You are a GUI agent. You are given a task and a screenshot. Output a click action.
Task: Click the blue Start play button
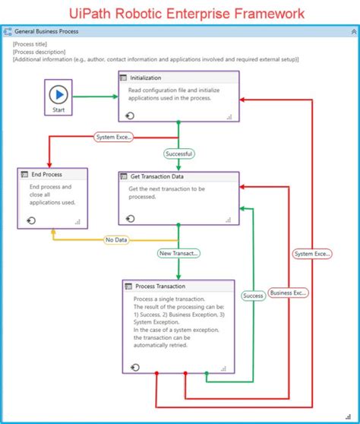tap(58, 95)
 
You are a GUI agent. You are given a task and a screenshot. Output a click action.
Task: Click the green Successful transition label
tap(178, 153)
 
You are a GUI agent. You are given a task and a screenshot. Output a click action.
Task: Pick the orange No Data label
tap(115, 239)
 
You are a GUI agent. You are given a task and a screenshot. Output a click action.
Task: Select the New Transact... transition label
tap(178, 253)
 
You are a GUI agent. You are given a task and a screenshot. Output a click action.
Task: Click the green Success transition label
tap(253, 295)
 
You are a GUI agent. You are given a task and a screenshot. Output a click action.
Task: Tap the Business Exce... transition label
tap(288, 292)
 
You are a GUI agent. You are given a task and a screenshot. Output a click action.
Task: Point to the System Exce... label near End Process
tap(114, 138)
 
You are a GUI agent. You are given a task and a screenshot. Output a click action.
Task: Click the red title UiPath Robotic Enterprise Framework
tap(180, 13)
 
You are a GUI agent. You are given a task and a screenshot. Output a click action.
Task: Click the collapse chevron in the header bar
tap(352, 33)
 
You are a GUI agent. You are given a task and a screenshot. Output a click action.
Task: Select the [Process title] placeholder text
tap(33, 44)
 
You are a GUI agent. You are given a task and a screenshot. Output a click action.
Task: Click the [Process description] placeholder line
tap(41, 52)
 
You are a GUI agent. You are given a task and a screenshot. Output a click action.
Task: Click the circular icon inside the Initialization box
tap(131, 115)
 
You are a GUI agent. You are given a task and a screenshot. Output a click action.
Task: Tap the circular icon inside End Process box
tap(31, 220)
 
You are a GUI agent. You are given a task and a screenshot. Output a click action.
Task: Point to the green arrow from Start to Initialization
tap(96, 96)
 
